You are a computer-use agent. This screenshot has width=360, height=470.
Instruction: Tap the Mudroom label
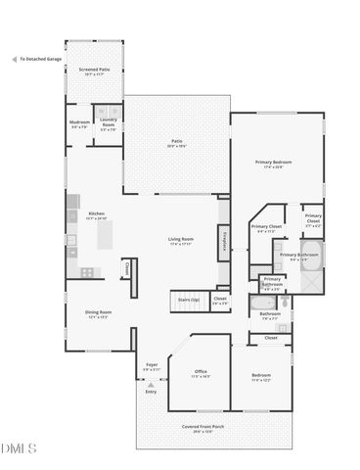click(79, 124)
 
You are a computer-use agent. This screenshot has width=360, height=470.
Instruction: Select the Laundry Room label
click(108, 125)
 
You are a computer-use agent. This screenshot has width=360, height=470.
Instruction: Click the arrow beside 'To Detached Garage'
click(12, 60)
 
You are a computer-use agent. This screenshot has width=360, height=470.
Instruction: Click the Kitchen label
click(96, 215)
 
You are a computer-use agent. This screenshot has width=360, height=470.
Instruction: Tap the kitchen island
click(106, 234)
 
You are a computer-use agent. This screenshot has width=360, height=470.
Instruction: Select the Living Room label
click(179, 241)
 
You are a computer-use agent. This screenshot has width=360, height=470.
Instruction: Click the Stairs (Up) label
click(188, 299)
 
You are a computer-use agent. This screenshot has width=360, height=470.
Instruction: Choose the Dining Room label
click(98, 313)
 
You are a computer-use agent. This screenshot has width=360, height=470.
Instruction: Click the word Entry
click(151, 392)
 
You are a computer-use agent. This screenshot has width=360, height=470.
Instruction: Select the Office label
click(201, 374)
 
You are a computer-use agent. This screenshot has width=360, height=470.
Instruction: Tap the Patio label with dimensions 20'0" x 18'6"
click(177, 143)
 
